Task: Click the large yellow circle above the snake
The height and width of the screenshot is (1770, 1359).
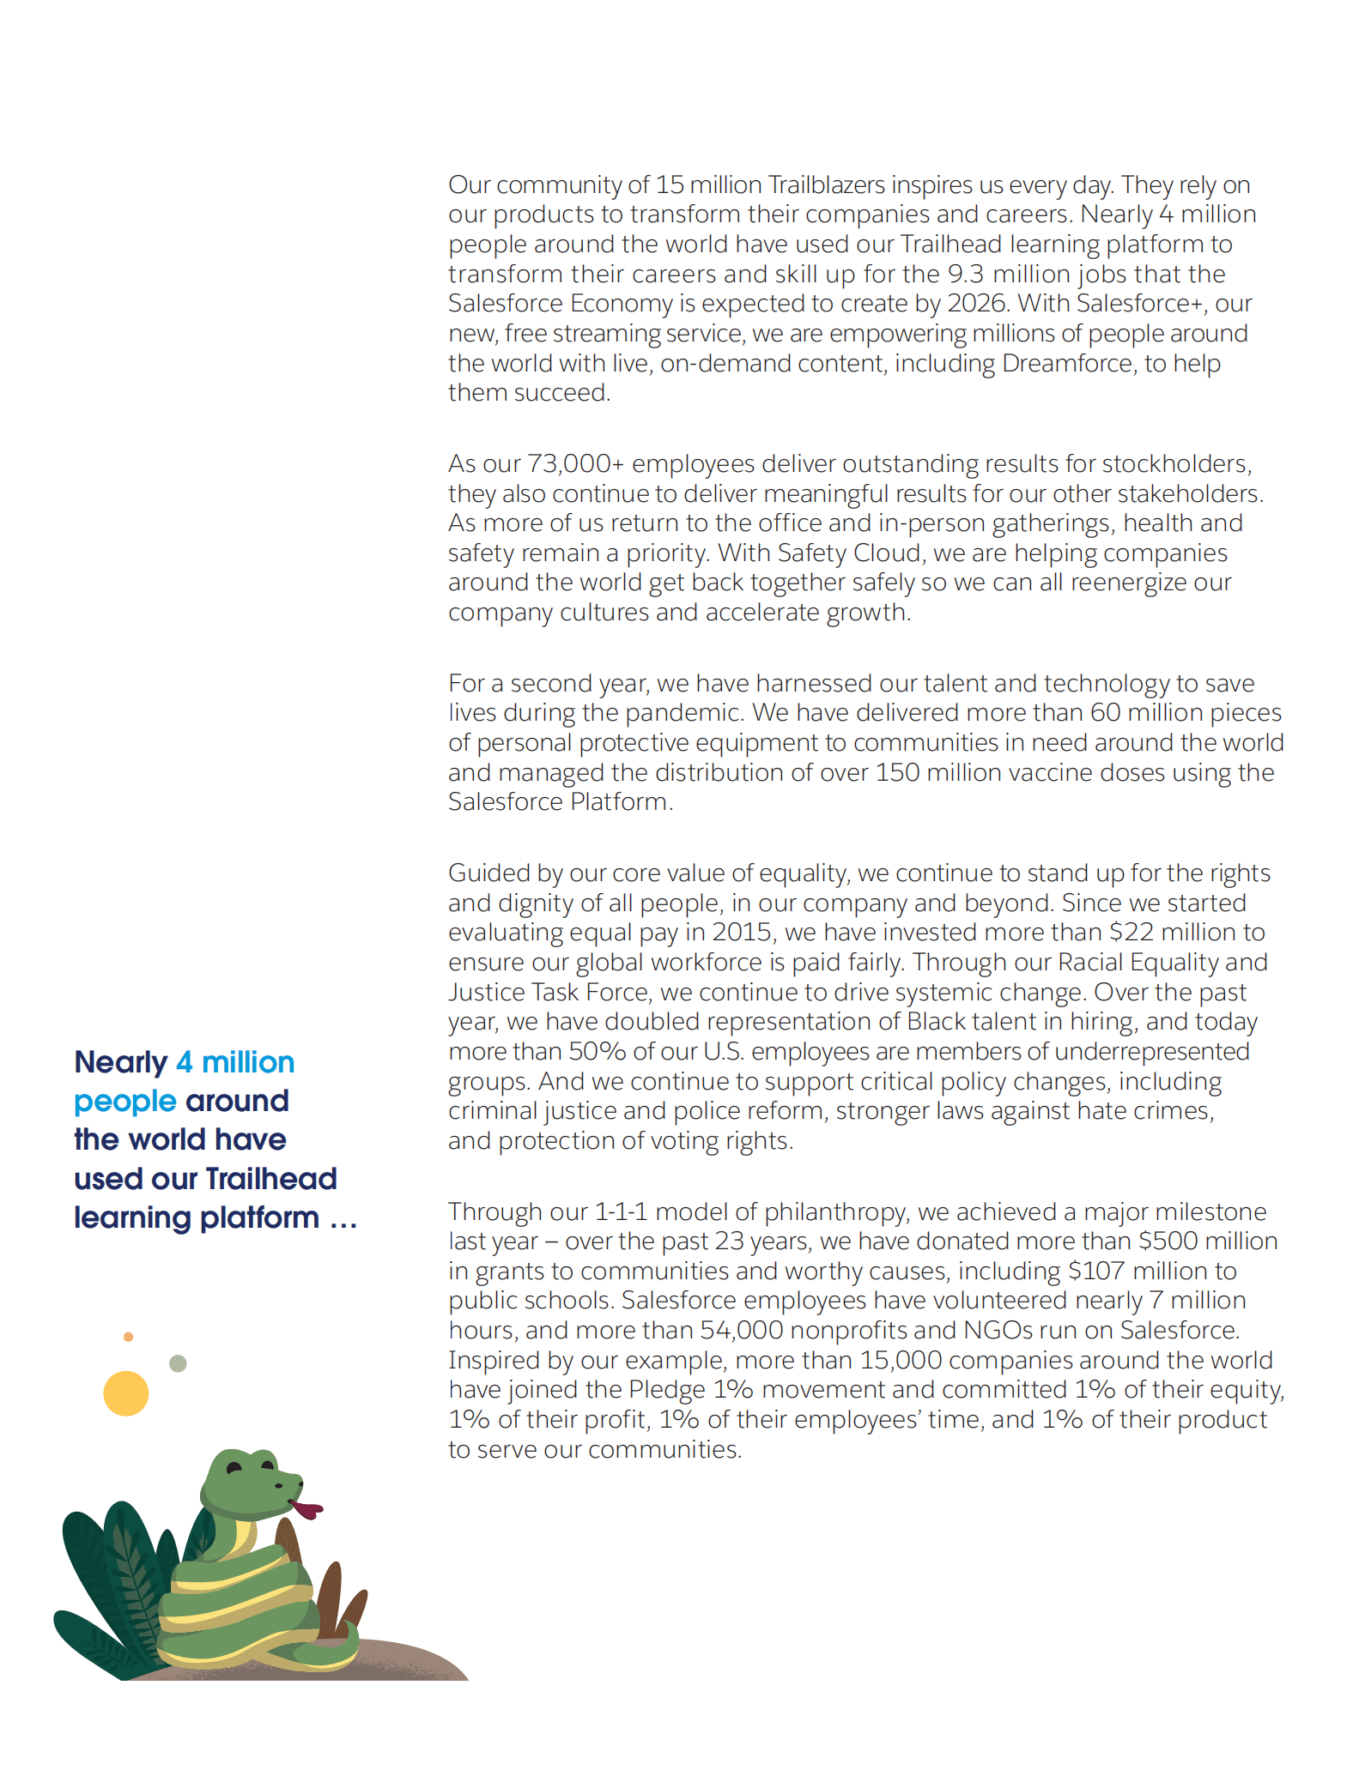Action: [x=126, y=1393]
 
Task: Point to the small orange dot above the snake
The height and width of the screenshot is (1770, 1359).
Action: [x=129, y=1337]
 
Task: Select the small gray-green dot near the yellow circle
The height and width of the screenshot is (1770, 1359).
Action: [x=179, y=1363]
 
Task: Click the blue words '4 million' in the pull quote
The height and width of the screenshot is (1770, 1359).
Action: [x=235, y=1062]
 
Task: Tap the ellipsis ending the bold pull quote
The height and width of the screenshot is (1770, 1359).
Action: [x=343, y=1218]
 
